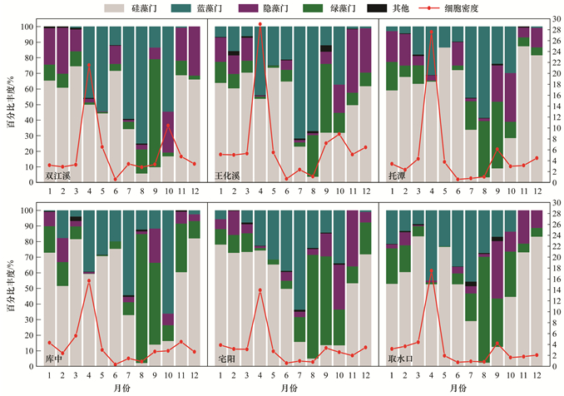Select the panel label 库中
click(x=55, y=357)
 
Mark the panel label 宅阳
click(x=225, y=357)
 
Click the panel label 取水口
click(x=399, y=357)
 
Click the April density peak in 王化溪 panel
click(x=260, y=24)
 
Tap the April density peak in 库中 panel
click(x=89, y=280)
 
